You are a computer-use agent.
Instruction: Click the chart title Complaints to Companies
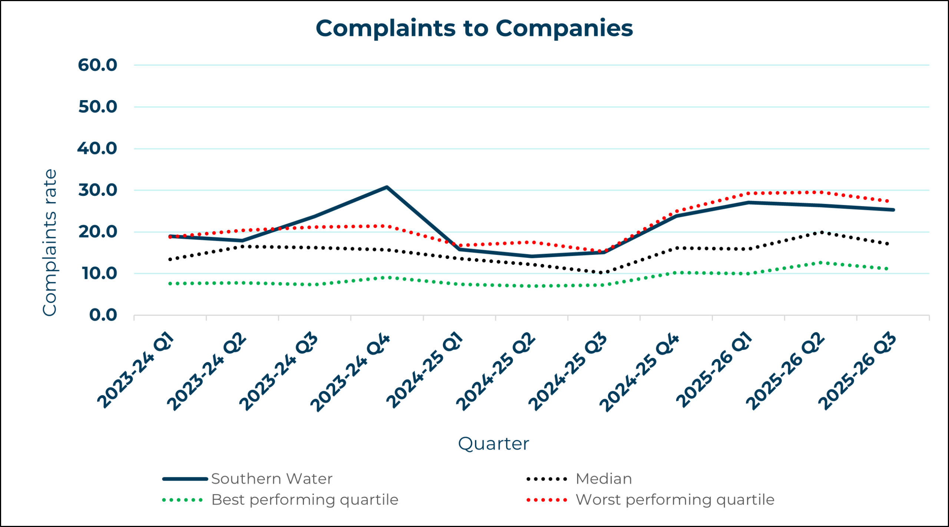(474, 28)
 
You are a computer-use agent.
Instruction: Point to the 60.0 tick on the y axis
(97, 65)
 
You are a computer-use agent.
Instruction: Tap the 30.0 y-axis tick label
(97, 190)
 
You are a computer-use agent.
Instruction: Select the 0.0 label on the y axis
(103, 315)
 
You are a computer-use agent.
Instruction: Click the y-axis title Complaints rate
(50, 243)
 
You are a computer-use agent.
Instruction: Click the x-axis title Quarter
(493, 444)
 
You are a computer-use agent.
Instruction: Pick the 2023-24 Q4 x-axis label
(350, 373)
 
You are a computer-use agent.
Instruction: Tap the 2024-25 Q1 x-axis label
(424, 370)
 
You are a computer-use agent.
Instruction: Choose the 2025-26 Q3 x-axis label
(857, 372)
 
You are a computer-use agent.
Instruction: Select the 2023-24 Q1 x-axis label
(135, 371)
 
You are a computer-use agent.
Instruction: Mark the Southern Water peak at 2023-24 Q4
(387, 187)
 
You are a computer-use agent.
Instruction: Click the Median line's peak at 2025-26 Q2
(821, 233)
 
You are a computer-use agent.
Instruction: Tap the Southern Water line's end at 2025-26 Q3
(893, 210)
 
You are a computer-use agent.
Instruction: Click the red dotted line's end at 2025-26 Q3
(887, 201)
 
